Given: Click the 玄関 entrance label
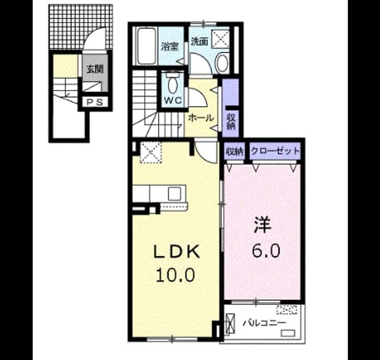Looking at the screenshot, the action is pos(95,69).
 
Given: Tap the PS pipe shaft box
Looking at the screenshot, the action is pos(95,102).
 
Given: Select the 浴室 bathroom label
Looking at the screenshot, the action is pos(170,46).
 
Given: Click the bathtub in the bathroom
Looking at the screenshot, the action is pos(146,46).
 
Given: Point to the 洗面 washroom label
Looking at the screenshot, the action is pos(199,42).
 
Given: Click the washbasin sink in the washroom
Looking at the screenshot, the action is pos(222,63).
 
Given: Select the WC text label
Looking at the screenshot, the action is pos(173,100).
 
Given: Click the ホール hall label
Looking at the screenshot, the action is pos(201,118).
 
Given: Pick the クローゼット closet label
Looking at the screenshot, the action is pos(275,151).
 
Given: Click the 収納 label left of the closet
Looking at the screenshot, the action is pos(235,152).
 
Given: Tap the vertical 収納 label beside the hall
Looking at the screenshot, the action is pos(231,122).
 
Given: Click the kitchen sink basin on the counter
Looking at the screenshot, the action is pos(175,194).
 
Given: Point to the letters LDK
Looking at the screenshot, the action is pos(177,252).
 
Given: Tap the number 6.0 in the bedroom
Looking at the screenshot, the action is pos(266,250).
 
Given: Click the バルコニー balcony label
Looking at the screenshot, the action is pos(265,323).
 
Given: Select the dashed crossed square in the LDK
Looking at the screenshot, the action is pos(151,152).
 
